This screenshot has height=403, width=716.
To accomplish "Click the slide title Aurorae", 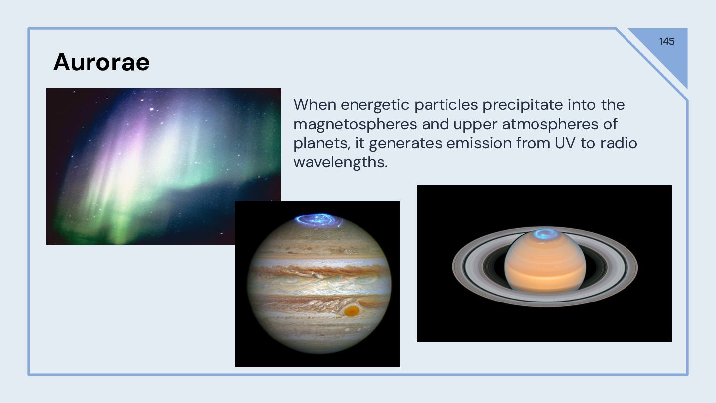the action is click(101, 62).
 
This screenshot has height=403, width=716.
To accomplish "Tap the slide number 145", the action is click(667, 41).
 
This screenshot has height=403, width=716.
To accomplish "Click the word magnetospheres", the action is click(355, 124).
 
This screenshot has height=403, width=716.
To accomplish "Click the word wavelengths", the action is click(341, 162).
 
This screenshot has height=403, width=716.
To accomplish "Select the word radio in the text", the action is click(619, 143).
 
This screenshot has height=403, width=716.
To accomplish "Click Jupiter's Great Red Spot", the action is click(352, 311).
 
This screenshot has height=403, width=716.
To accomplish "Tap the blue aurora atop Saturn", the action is click(545, 234).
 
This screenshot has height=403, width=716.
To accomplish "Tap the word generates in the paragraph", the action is click(406, 144).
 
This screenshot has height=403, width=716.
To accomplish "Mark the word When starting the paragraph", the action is click(315, 105).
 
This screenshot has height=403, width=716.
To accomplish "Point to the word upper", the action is click(476, 125).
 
